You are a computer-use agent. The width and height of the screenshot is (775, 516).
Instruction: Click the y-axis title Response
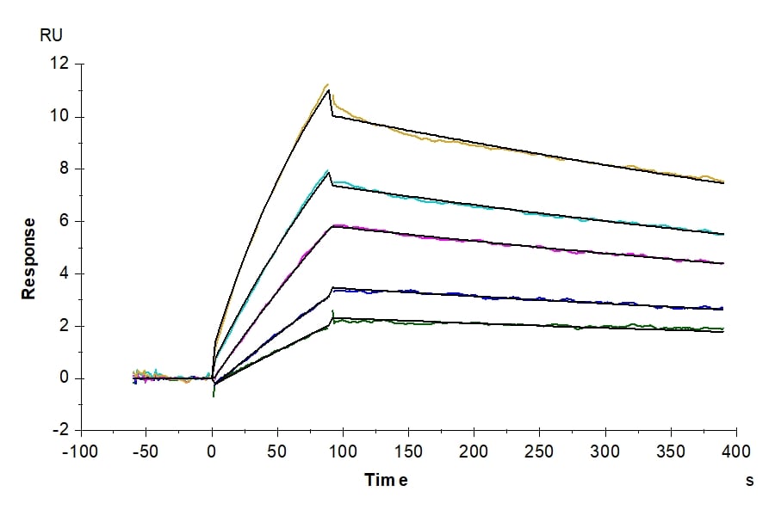point(29,258)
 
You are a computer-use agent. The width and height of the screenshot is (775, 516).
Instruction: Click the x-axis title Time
point(386,480)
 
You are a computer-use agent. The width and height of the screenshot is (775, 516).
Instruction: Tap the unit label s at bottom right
point(749,480)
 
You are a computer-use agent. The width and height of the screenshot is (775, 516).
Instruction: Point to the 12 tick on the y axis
point(59,64)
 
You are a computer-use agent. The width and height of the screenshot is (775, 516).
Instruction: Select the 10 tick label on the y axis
point(59,116)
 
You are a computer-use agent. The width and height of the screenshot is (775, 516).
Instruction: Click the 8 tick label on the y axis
point(63,169)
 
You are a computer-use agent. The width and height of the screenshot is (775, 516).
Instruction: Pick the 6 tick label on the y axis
point(63,221)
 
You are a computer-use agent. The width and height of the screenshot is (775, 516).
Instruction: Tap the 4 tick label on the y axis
point(63,273)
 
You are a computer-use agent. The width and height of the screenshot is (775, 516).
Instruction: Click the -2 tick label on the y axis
point(60,430)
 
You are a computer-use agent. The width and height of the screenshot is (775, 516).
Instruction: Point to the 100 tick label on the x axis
point(343,451)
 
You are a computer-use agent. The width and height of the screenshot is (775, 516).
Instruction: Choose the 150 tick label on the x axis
point(408,451)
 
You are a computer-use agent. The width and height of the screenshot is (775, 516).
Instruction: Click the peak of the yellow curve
point(328,84)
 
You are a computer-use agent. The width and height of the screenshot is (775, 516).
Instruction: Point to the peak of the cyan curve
point(327,171)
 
